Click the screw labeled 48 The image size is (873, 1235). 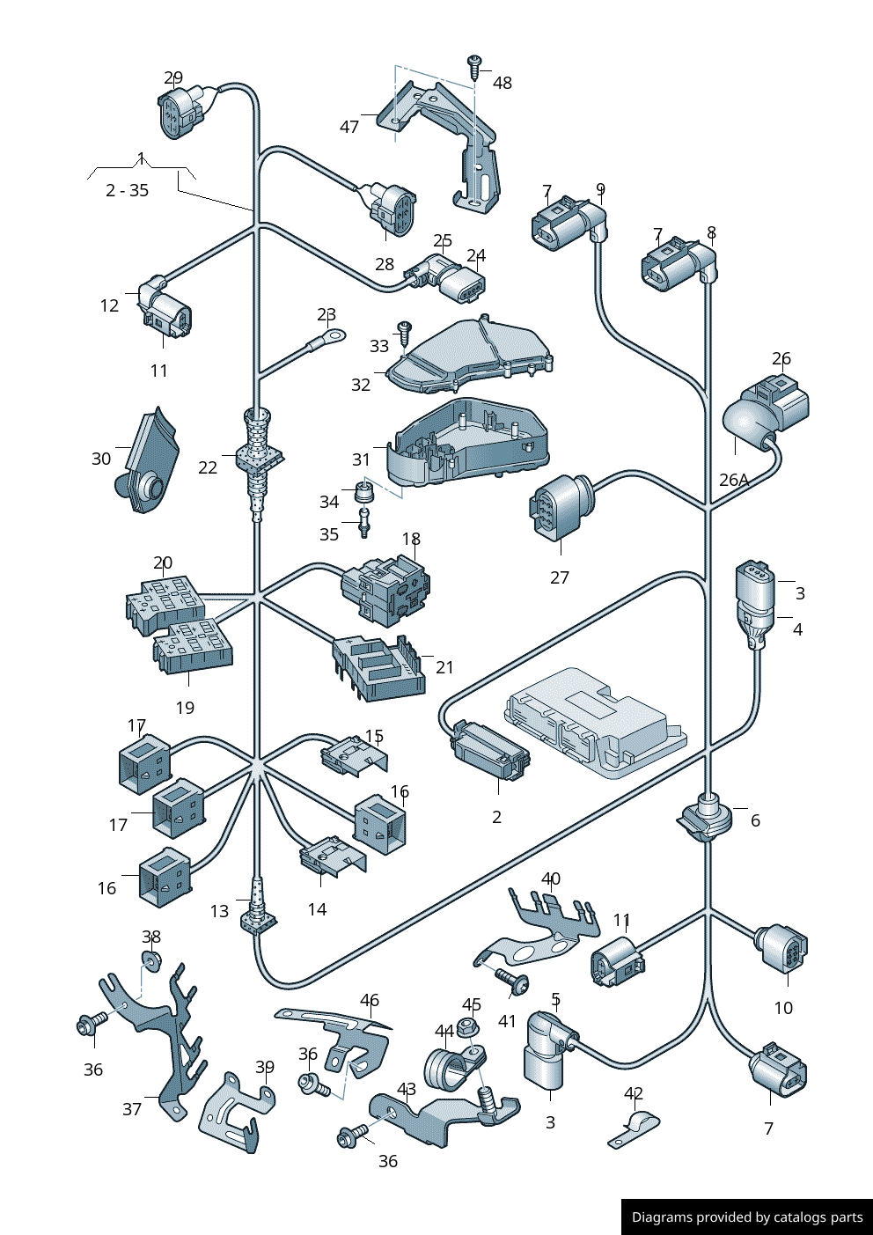474,64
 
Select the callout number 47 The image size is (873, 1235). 349,127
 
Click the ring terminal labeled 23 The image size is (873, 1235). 333,335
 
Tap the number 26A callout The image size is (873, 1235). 734,480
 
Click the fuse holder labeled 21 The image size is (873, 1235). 378,668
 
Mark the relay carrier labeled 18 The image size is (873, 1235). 385,585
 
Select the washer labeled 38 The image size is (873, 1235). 151,958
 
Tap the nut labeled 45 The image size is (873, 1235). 469,1025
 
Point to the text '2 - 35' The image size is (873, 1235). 127,190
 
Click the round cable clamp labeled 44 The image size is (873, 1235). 446,1068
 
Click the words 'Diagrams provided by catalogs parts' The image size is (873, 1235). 747,1217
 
